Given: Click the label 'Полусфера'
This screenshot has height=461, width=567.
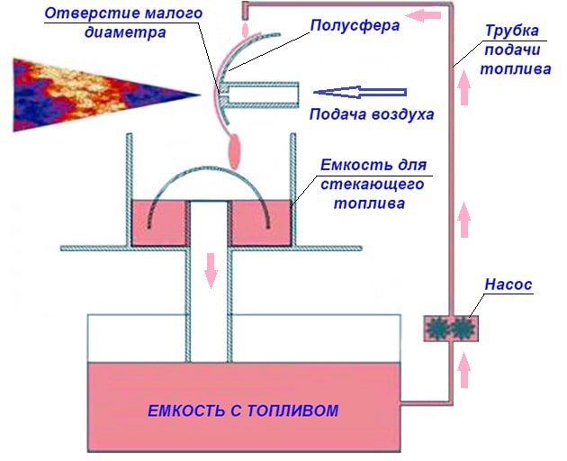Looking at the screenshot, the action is click(x=355, y=26).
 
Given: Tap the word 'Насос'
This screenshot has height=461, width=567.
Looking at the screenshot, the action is click(x=508, y=285).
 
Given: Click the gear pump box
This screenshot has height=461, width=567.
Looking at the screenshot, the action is click(x=451, y=329).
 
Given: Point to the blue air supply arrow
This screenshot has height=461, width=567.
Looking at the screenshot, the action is click(x=360, y=92).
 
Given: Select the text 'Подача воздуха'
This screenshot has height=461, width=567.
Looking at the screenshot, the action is click(x=372, y=114).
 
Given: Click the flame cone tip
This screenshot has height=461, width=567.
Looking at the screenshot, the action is click(x=200, y=95).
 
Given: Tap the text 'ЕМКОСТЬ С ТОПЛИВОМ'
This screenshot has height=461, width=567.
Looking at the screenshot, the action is click(x=243, y=411).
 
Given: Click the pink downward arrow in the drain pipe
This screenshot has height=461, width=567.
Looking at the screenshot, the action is click(x=211, y=270).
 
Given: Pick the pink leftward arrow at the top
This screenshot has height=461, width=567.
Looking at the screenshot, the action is click(x=423, y=15).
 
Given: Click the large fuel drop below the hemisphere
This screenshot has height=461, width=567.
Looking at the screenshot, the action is click(x=234, y=151).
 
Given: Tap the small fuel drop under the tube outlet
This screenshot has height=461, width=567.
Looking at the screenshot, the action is click(x=246, y=30).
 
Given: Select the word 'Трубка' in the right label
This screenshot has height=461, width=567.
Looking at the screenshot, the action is click(x=512, y=32).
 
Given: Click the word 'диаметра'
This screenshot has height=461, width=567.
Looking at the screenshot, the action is click(x=125, y=33).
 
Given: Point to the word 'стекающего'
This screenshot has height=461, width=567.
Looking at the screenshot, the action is click(x=373, y=185).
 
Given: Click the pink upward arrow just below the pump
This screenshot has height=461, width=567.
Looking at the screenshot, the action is click(x=463, y=371).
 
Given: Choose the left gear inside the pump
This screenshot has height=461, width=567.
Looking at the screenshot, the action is click(x=437, y=329).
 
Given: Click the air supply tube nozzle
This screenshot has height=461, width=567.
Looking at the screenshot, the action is click(x=260, y=95).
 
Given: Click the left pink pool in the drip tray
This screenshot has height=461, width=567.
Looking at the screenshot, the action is click(x=159, y=223).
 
